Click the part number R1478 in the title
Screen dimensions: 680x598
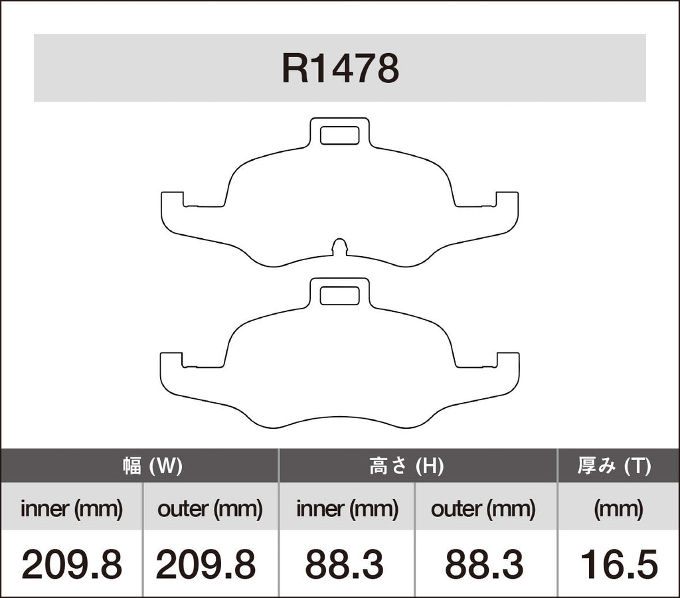[x=341, y=68]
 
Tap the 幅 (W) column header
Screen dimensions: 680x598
[x=152, y=467]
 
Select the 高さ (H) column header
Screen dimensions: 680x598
[x=406, y=467]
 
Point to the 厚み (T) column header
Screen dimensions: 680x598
[x=614, y=467]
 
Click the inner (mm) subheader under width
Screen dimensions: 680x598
[x=72, y=509]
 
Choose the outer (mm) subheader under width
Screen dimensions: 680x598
[x=210, y=509]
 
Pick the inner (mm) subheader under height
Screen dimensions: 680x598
[x=347, y=509]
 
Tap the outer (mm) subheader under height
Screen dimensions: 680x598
[x=483, y=509]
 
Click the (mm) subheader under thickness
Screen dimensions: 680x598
[x=618, y=509]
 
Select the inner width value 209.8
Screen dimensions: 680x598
[x=72, y=564]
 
